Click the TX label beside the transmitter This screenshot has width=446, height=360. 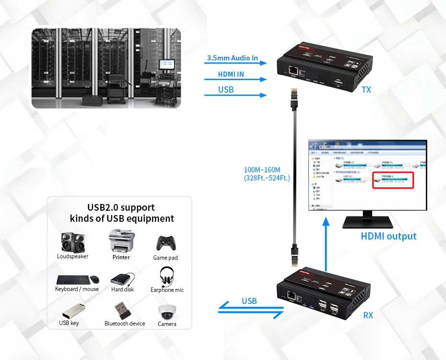coord(366,90)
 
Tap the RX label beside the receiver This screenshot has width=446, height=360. coord(368,315)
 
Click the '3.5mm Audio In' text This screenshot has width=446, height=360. coord(232,58)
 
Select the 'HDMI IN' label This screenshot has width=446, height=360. coord(231,74)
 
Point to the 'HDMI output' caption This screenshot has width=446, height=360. coord(388,236)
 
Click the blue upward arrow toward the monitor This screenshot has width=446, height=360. coord(326,245)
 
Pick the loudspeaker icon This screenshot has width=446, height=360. coord(72,242)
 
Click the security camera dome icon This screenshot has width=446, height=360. coord(167,312)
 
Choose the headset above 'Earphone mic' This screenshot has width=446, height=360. coord(167,276)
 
